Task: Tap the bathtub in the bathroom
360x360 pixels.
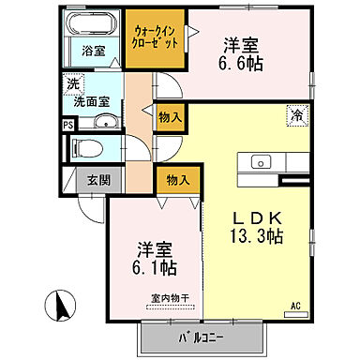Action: point(93,25)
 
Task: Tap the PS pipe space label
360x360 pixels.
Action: point(67,124)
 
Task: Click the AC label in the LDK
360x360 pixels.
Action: point(293,306)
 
